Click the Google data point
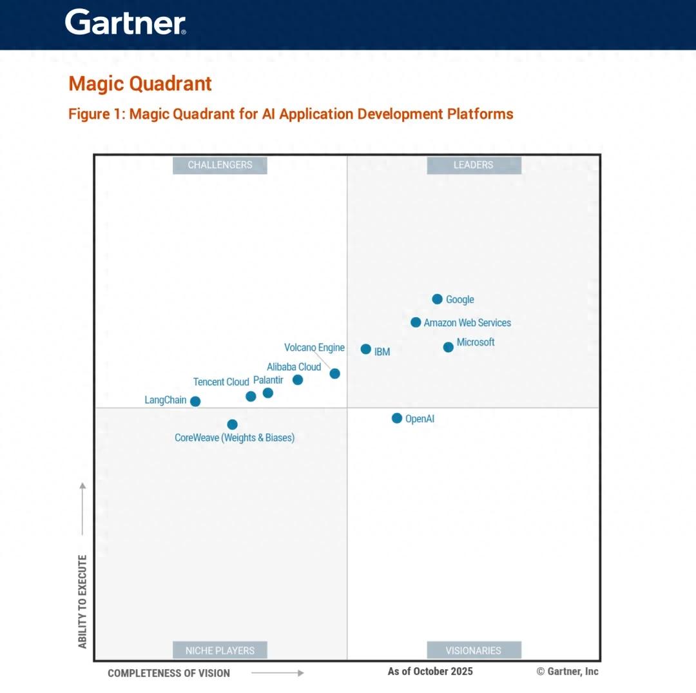tap(437, 299)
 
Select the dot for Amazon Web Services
tap(416, 322)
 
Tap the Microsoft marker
tap(449, 347)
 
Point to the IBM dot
tap(365, 349)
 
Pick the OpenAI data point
tap(397, 418)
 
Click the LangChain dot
tap(195, 401)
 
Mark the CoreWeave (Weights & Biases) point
tap(232, 424)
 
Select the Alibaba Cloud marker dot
tap(298, 380)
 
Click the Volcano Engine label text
tap(314, 347)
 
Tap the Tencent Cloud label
tap(221, 382)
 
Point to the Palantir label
tap(268, 380)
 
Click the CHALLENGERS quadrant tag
tap(220, 165)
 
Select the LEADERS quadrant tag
tap(474, 165)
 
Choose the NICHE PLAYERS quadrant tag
tap(220, 650)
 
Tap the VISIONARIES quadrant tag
tap(474, 650)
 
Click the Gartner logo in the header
tap(126, 23)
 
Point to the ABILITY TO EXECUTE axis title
tap(82, 601)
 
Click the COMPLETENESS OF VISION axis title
tap(169, 673)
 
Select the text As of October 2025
tap(430, 671)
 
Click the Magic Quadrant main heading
tap(140, 84)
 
